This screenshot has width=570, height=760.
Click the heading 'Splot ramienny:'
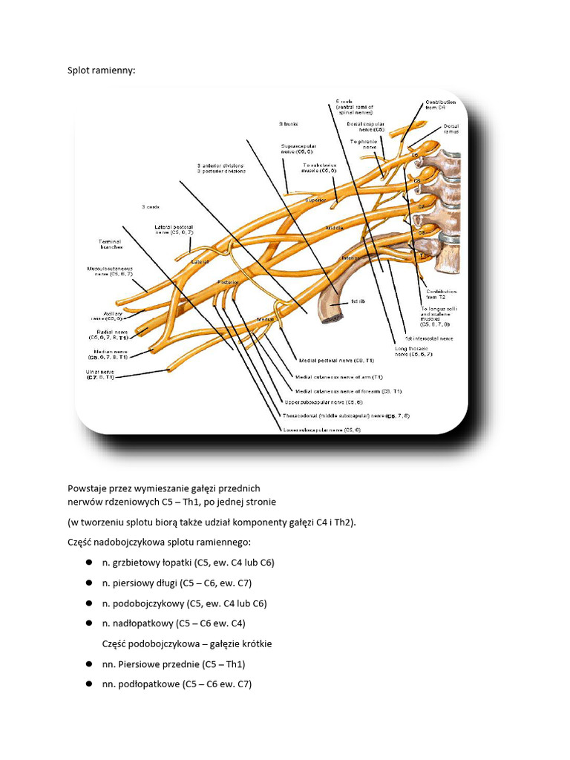point(102,71)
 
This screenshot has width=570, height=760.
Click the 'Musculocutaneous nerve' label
point(110,271)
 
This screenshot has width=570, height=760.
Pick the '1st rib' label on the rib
point(358,302)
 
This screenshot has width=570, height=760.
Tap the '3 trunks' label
point(287,124)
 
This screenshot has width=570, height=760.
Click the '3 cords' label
point(151,206)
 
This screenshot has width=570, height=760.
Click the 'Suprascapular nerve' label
point(298,149)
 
